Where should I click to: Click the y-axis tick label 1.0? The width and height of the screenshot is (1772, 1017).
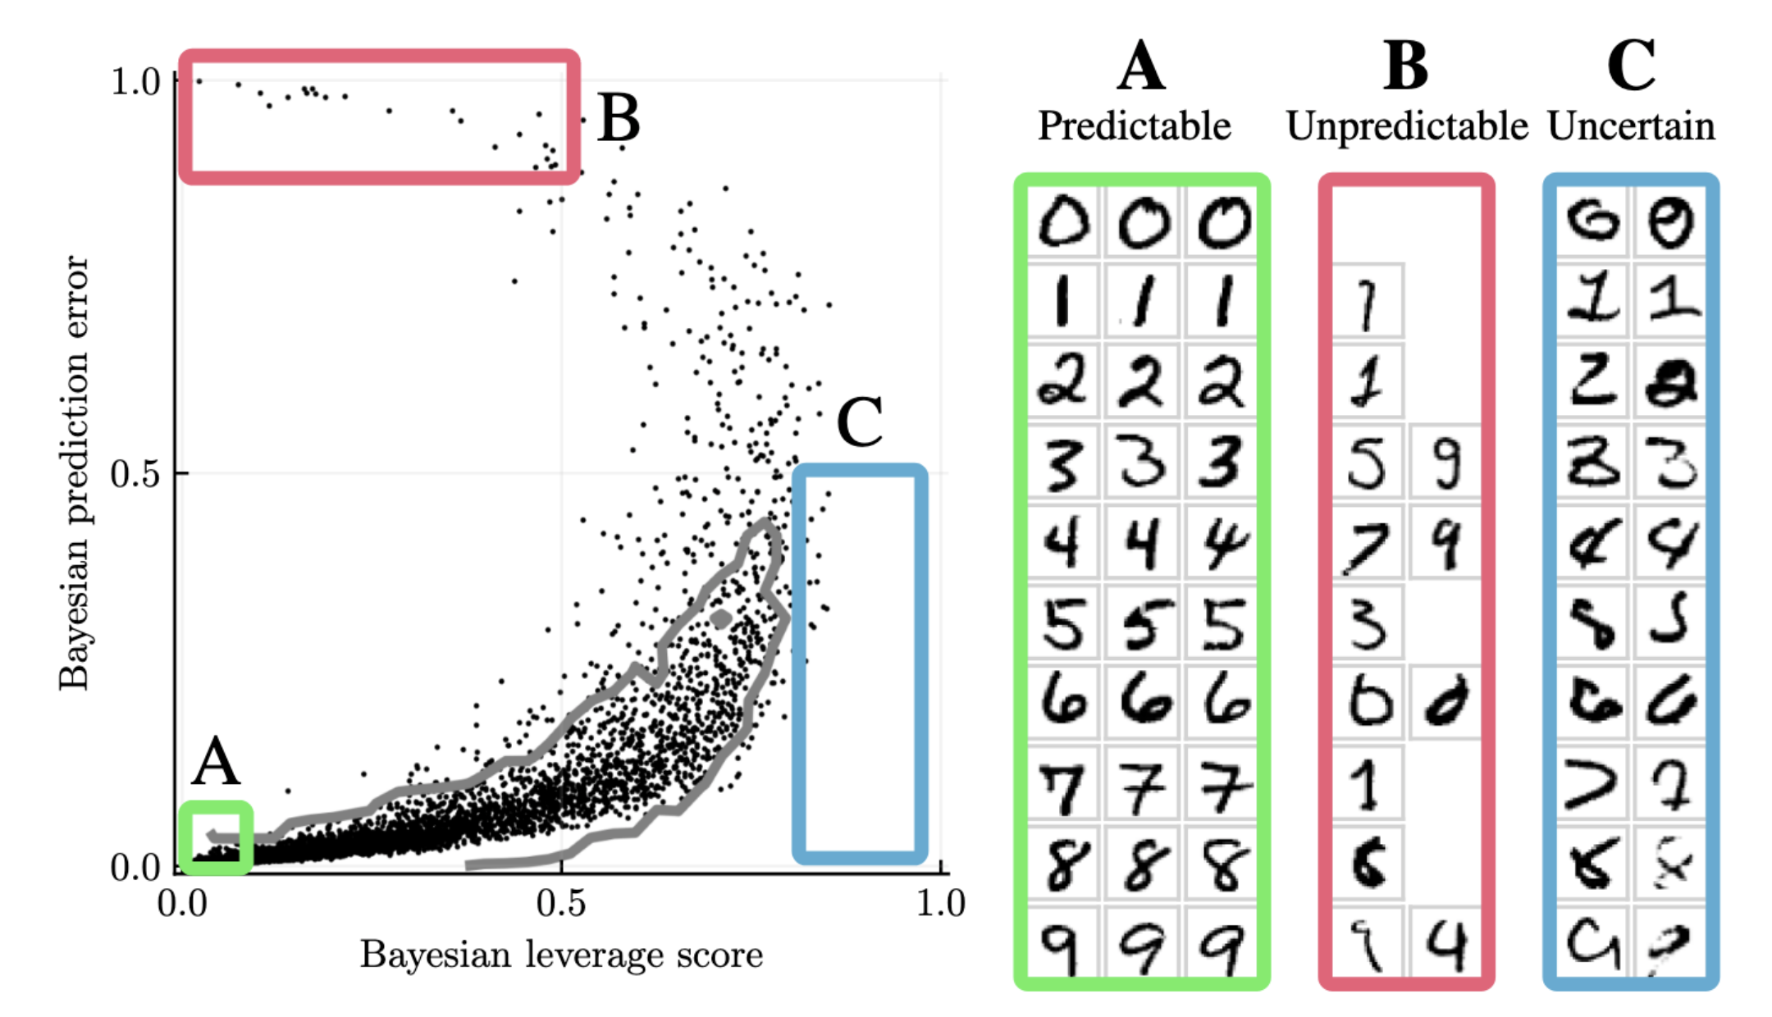click(x=135, y=81)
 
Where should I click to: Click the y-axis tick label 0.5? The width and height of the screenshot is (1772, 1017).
click(x=135, y=474)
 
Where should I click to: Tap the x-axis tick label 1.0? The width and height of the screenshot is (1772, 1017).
click(x=940, y=904)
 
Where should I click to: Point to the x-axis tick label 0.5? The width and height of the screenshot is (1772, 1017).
click(x=561, y=904)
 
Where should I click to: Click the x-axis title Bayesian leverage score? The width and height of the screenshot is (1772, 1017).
click(x=561, y=955)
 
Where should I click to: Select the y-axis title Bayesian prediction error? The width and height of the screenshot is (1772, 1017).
click(x=74, y=473)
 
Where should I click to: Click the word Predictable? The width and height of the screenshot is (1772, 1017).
click(x=1135, y=126)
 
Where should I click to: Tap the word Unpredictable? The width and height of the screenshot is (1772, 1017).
click(x=1407, y=126)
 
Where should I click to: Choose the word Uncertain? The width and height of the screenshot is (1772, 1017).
click(x=1631, y=126)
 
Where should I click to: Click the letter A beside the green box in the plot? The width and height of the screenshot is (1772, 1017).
click(x=216, y=761)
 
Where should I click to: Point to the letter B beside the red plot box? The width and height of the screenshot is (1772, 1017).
click(x=619, y=118)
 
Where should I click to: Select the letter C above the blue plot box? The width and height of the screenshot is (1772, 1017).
click(x=859, y=422)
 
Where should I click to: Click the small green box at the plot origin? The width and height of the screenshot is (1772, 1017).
click(x=216, y=837)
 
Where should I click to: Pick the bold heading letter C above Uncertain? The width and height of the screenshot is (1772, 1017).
click(x=1631, y=66)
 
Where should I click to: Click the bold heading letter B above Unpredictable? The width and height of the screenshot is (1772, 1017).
click(x=1405, y=66)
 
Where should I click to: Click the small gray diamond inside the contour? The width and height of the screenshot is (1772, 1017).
click(x=721, y=618)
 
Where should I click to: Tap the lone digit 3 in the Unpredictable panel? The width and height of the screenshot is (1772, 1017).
click(x=1367, y=623)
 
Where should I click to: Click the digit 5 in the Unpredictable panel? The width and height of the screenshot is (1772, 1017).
click(x=1367, y=463)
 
